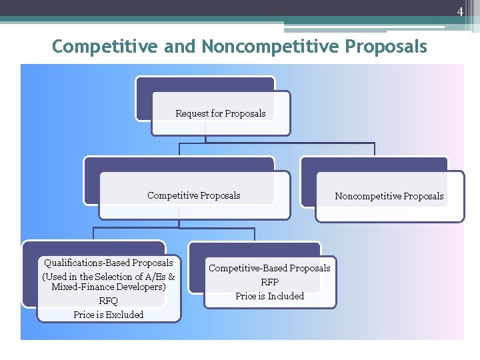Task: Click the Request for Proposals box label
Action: tap(220, 113)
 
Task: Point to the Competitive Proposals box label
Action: tap(193, 195)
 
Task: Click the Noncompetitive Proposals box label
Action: tap(389, 196)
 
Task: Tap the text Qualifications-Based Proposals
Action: tap(108, 263)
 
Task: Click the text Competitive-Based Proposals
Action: tap(269, 268)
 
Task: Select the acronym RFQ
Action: tap(108, 301)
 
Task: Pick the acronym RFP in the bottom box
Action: tap(269, 282)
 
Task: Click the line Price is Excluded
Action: tap(108, 315)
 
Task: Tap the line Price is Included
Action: tap(269, 296)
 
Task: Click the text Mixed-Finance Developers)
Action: tap(108, 287)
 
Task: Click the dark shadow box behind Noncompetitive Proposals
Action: tap(373, 164)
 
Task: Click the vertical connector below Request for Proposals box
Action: tap(205, 139)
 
